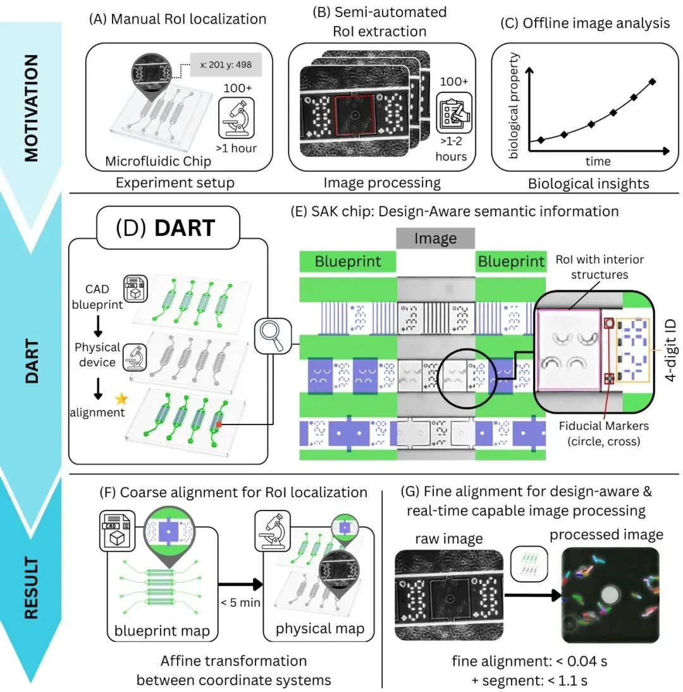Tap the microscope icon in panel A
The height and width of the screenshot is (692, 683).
coord(237,118)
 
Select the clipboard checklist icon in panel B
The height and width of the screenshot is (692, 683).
coord(454,113)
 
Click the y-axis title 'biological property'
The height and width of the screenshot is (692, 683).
coord(513,106)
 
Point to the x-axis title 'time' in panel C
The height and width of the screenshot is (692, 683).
coord(598,161)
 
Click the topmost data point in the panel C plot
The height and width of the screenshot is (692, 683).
coord(652,81)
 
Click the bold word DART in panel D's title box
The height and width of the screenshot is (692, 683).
coord(185,228)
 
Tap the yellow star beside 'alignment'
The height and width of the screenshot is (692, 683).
coord(121,399)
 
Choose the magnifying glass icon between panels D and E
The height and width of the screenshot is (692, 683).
coord(273,337)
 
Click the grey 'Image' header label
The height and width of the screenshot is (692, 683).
coord(436,238)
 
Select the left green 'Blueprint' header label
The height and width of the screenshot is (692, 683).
coord(348,261)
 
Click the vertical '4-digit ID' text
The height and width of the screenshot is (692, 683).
coord(670,351)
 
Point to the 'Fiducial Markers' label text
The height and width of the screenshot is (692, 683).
coord(603,426)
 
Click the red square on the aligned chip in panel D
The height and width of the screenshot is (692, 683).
coord(218,424)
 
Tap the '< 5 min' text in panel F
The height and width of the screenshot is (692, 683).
coord(240,602)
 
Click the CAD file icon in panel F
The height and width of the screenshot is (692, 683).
coord(117,531)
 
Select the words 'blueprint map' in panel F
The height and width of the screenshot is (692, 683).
coord(162,631)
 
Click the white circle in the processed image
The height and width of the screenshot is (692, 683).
coord(611,595)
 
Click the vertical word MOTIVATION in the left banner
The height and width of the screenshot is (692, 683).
coord(31,108)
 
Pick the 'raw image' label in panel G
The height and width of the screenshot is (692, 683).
coord(449,539)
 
